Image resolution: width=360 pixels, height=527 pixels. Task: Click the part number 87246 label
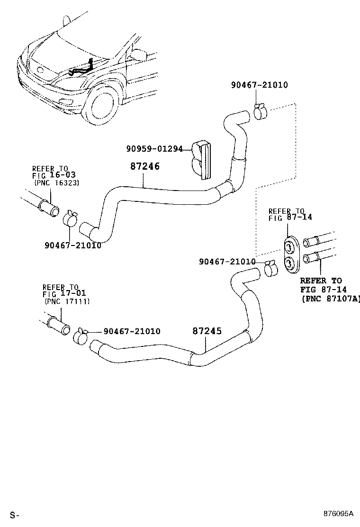[x=145, y=167]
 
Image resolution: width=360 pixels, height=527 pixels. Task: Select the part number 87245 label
[x=207, y=331]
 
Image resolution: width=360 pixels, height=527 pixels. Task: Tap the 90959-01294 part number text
[x=154, y=149]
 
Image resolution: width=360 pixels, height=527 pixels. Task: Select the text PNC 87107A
[x=330, y=299]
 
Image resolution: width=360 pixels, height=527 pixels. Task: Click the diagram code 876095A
[x=339, y=513]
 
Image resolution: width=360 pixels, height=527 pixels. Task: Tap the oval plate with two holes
[x=289, y=254]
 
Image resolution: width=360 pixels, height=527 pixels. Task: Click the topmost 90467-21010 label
[x=259, y=85]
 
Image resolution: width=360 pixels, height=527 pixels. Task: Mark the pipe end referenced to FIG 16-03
[x=49, y=207]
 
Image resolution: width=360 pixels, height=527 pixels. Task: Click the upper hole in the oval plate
[x=289, y=247]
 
